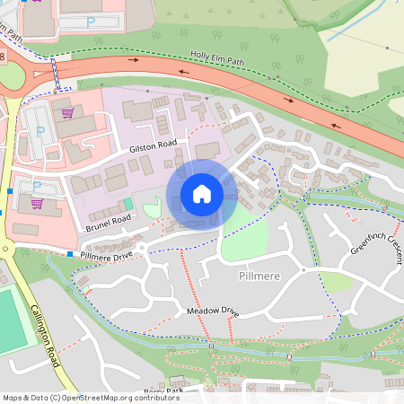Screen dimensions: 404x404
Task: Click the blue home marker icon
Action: click(202, 194)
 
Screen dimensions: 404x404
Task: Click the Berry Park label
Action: click(162, 391)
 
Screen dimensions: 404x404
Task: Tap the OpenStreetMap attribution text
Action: click(91, 397)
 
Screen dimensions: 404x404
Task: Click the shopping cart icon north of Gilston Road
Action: click(67, 113)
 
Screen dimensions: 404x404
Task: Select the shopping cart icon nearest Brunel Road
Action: click(37, 203)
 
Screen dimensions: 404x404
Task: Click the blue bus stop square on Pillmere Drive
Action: click(70, 254)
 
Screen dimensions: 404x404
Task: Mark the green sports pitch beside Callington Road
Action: click(11, 320)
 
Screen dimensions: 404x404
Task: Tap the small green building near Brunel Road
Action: click(127, 205)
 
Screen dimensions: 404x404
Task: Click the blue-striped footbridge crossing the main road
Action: click(57, 73)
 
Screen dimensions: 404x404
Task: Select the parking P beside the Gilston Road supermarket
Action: click(40, 130)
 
